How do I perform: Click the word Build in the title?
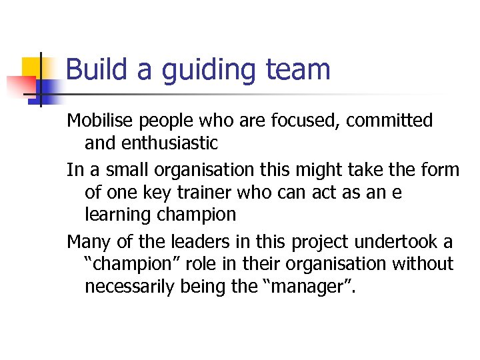[x=93, y=69]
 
